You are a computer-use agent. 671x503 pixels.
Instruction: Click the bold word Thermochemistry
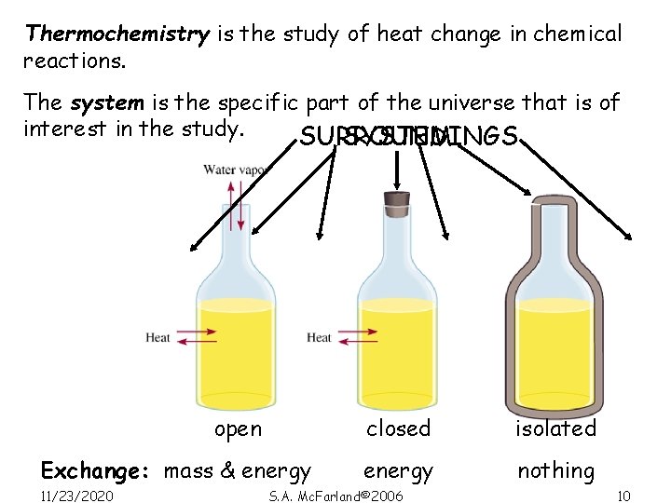pyautogui.click(x=117, y=34)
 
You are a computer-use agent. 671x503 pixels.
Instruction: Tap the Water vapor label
pyautogui.click(x=233, y=170)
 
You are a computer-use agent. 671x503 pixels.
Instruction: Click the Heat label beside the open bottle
pyautogui.click(x=158, y=337)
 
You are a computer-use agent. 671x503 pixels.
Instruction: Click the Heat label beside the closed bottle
pyautogui.click(x=319, y=337)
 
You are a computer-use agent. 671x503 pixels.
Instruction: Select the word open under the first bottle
pyautogui.click(x=238, y=429)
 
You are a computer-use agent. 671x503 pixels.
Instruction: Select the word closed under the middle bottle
pyautogui.click(x=398, y=429)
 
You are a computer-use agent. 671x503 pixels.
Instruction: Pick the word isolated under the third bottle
pyautogui.click(x=555, y=429)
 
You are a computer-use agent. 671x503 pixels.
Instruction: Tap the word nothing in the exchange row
pyautogui.click(x=555, y=471)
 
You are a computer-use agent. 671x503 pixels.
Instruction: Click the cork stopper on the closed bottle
pyautogui.click(x=398, y=197)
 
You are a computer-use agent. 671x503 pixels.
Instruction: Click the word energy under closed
pyautogui.click(x=398, y=472)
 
